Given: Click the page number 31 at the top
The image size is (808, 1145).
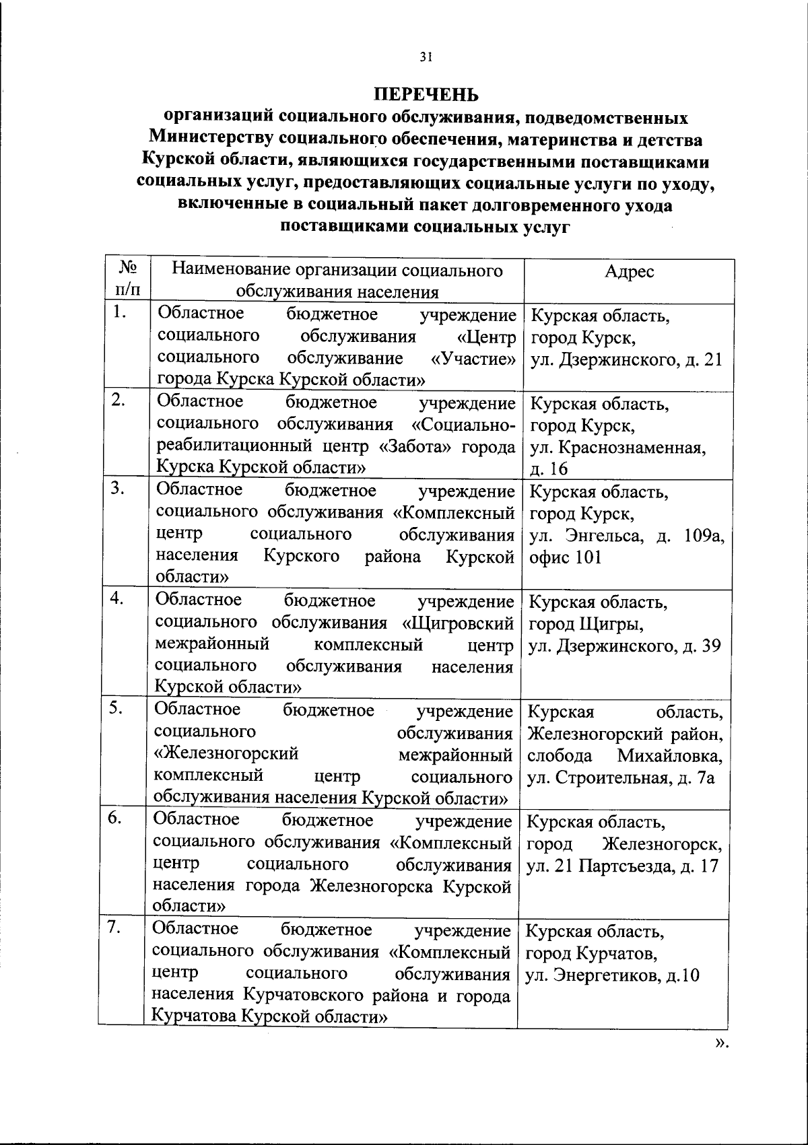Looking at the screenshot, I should pos(426,57).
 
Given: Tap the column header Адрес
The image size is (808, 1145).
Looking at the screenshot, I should pos(629,271).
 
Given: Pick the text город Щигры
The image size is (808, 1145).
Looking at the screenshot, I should pos(586,624).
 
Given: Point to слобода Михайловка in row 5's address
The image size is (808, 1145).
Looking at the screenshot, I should pos(625,755).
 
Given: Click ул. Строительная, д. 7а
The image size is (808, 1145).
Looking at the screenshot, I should pos(620,778).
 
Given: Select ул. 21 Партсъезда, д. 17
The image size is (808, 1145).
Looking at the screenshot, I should pos(623,866).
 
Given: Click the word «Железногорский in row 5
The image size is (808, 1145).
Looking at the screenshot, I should pos(226,754).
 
